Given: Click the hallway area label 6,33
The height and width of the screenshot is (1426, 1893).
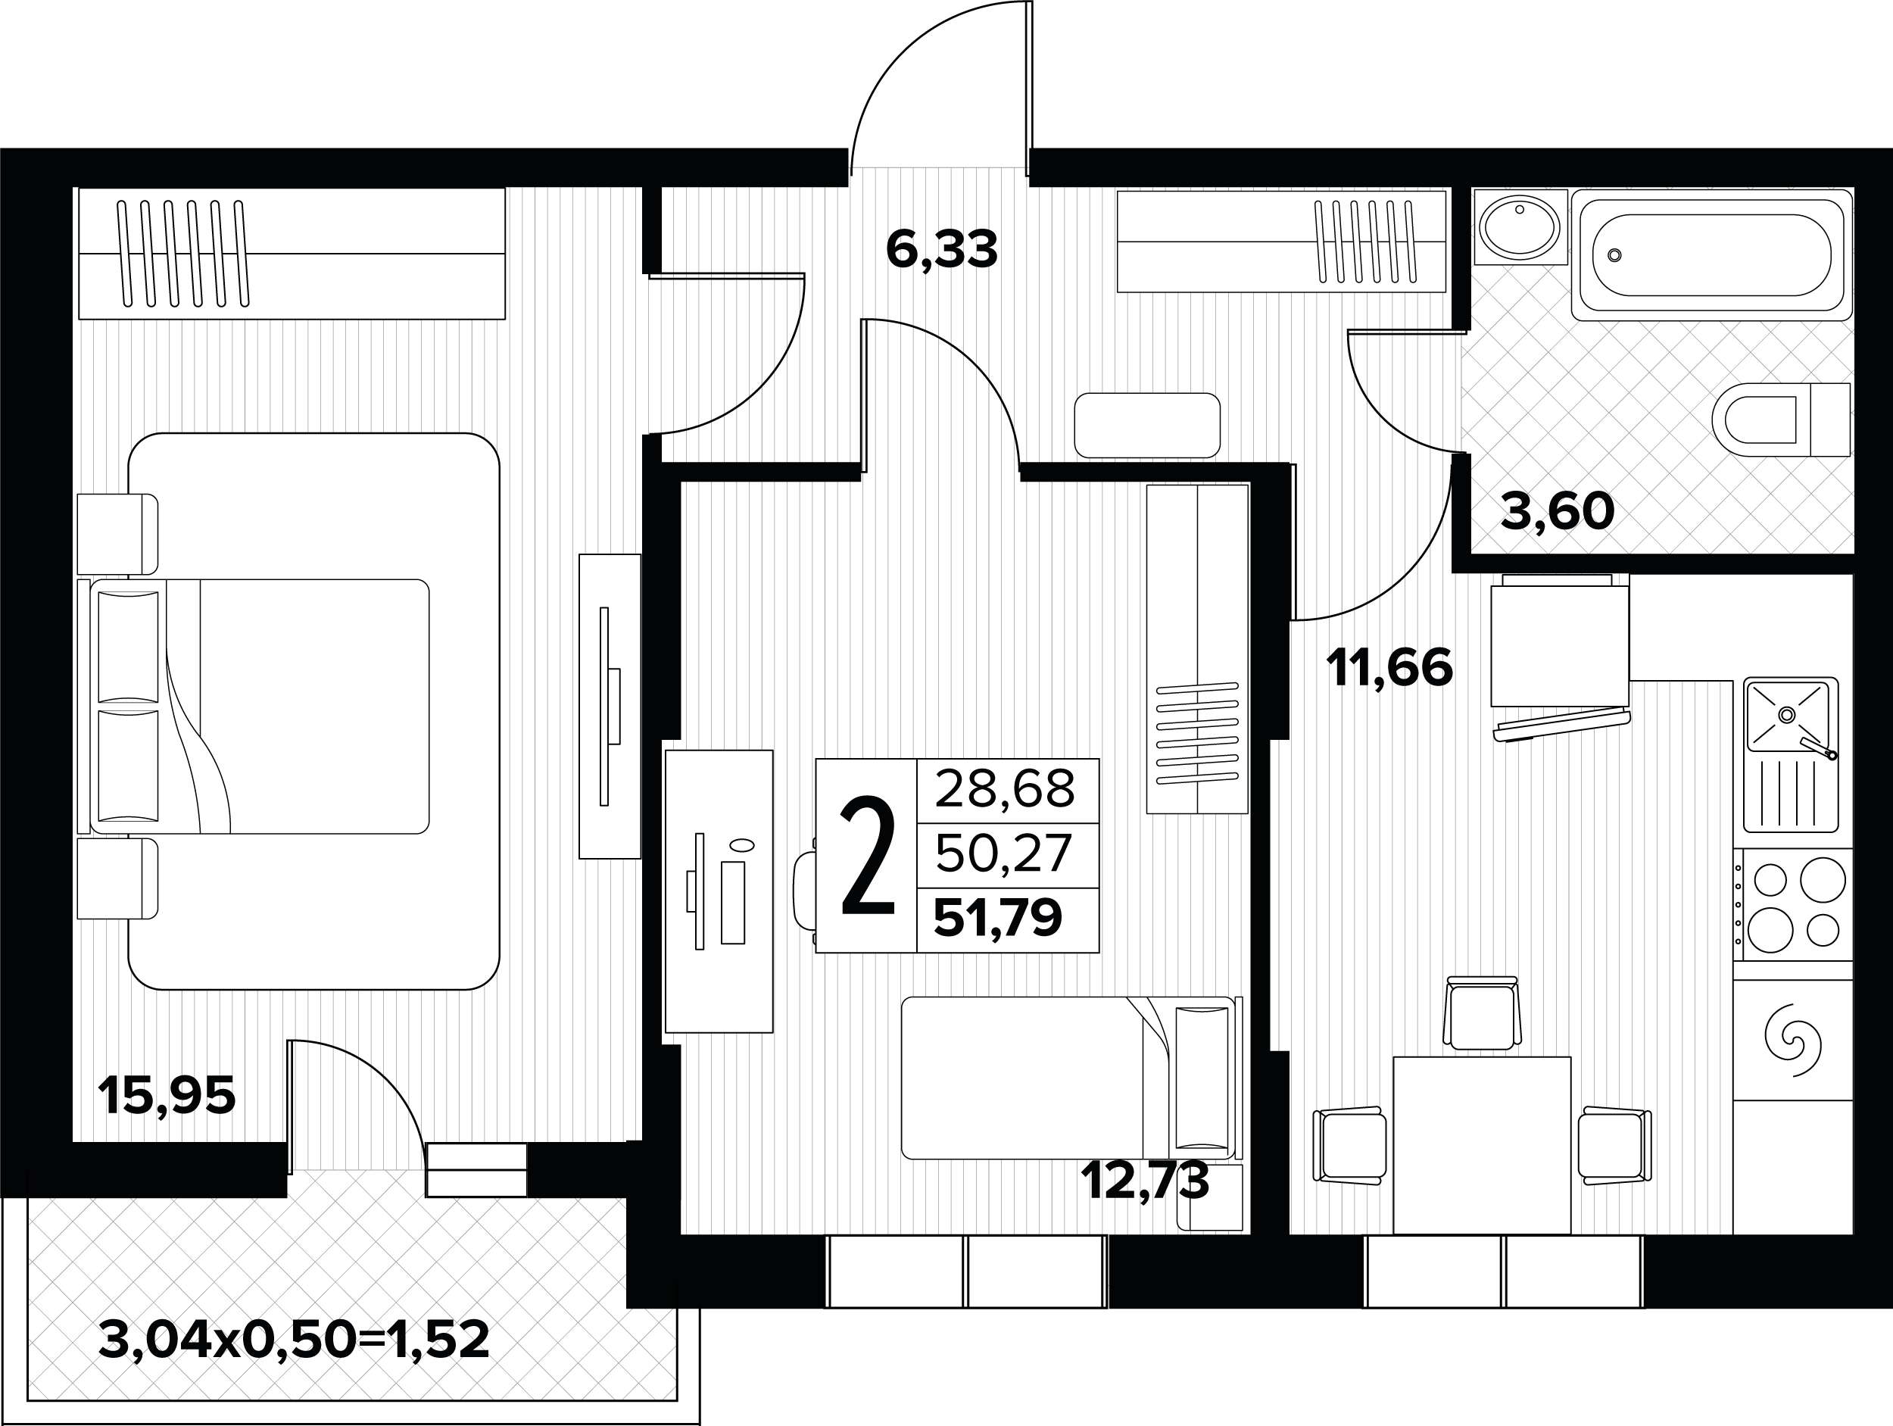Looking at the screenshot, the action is pyautogui.click(x=941, y=250).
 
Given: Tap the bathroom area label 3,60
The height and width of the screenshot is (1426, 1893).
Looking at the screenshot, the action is pyautogui.click(x=1558, y=511).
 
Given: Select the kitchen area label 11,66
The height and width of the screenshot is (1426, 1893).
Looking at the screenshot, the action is pyautogui.click(x=1389, y=668).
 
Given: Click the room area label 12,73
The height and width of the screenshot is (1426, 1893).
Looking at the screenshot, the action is pyautogui.click(x=1145, y=1181).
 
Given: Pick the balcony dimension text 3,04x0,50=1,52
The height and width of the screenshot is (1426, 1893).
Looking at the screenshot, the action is pyautogui.click(x=295, y=1340).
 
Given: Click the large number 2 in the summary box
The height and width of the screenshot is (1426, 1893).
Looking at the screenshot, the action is pyautogui.click(x=868, y=855).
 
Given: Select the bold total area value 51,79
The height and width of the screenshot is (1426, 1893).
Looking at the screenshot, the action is pyautogui.click(x=998, y=918).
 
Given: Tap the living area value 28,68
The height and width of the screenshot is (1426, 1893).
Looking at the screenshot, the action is pyautogui.click(x=1005, y=788).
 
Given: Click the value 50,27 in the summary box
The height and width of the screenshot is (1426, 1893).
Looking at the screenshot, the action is pyautogui.click(x=1003, y=853).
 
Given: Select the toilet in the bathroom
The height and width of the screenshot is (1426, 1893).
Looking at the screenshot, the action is pyautogui.click(x=1781, y=420).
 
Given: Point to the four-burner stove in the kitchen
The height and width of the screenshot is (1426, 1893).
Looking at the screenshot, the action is pyautogui.click(x=1793, y=905).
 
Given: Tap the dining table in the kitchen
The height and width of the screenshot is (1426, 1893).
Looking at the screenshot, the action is pyautogui.click(x=1481, y=1145).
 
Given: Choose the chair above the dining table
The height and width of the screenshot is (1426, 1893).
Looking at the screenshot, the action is pyautogui.click(x=1483, y=1013).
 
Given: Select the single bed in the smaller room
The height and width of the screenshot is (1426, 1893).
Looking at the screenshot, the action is pyautogui.click(x=1070, y=1078).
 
